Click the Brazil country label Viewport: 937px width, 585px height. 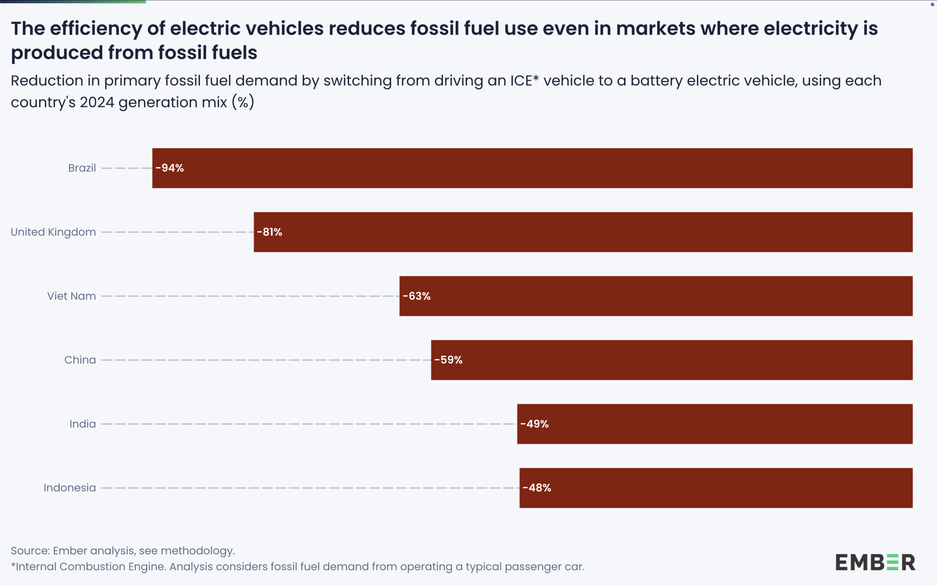point(82,168)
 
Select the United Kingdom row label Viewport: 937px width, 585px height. point(53,232)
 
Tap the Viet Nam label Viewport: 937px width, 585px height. point(72,296)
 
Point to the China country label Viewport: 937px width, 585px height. point(80,360)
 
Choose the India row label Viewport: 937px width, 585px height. point(82,424)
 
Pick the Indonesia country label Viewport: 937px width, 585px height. point(70,488)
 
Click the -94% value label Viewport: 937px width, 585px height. point(169,168)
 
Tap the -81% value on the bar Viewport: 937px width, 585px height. point(269,232)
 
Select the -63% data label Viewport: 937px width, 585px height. point(417,296)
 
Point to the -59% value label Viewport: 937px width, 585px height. point(448,360)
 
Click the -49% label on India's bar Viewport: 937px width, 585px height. point(534,424)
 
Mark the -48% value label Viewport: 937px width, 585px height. point(537,488)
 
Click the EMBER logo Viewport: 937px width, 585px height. point(875,562)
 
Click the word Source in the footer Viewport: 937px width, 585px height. point(29,551)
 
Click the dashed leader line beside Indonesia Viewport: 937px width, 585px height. point(310,488)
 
